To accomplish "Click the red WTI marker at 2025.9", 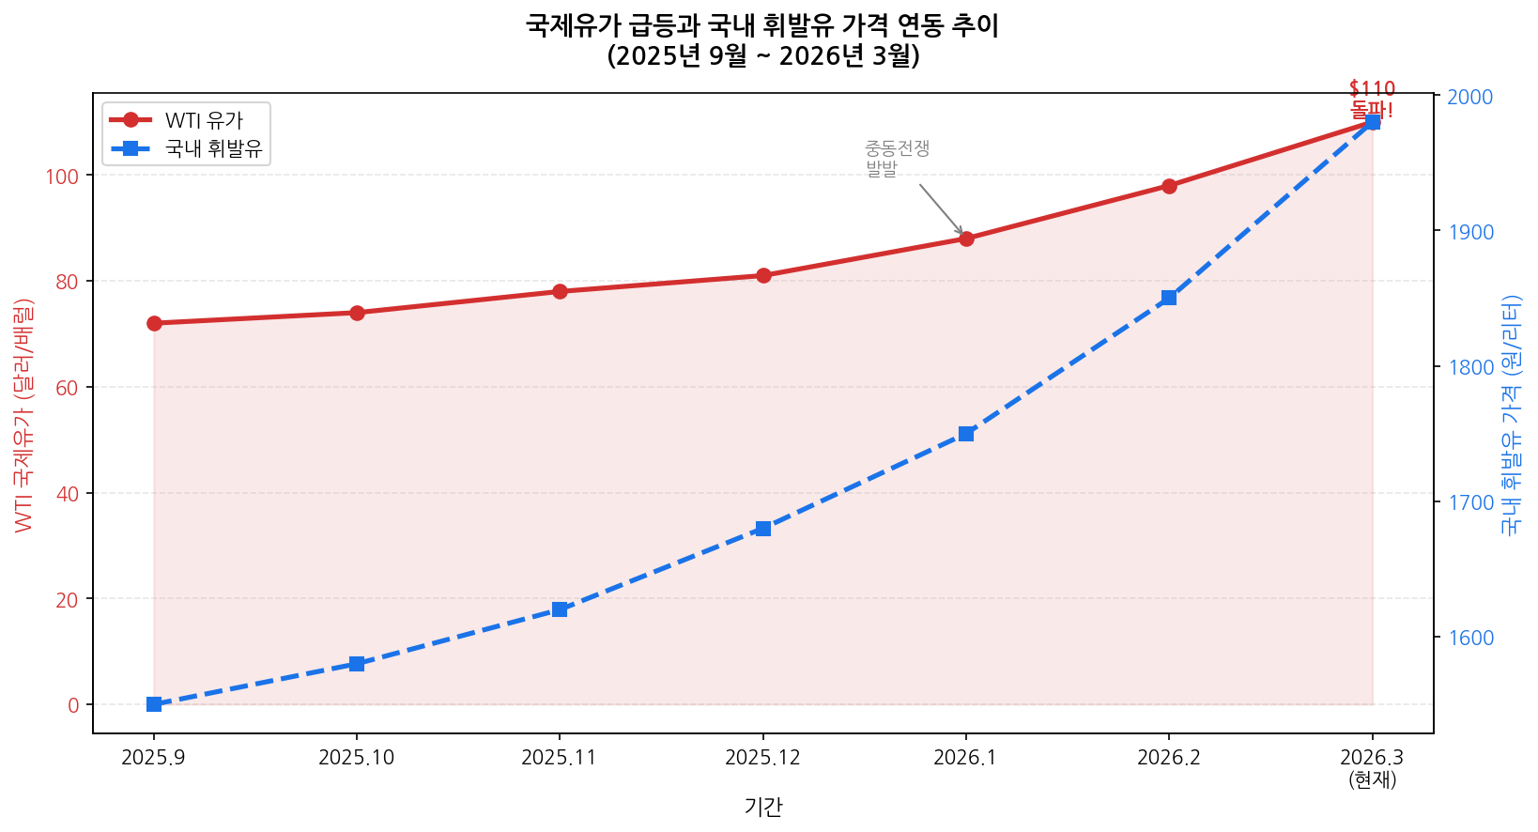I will [154, 323].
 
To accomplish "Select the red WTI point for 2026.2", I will [1169, 186].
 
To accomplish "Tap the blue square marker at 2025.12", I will [763, 529].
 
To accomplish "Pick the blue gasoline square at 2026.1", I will [966, 434].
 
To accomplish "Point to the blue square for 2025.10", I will [357, 664].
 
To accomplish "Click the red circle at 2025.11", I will [560, 291].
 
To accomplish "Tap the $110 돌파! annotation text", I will [1372, 100].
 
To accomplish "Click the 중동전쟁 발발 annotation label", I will [896, 159].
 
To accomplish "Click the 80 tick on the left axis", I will [68, 282].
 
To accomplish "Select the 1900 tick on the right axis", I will [1469, 232].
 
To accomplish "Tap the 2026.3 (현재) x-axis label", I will [1372, 767].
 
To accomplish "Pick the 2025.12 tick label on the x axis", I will [762, 758].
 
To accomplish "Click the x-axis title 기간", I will [762, 807].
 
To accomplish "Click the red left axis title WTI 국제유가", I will [24, 414].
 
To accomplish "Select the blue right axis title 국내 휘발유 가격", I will [1511, 414].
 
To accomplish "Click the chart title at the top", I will [762, 40].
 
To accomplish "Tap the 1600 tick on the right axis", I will [1469, 638].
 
